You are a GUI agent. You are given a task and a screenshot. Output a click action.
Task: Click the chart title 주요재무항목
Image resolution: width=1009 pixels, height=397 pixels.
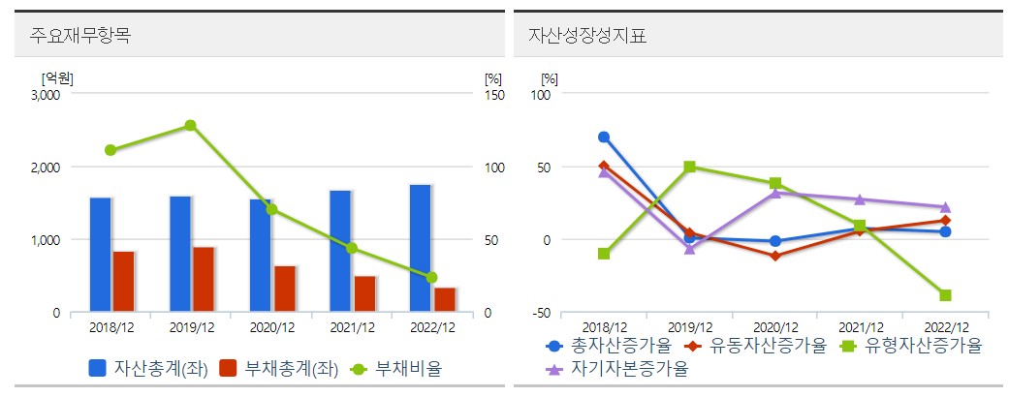(74, 37)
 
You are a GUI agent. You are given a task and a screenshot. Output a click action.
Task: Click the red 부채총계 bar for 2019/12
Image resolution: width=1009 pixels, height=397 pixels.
(204, 279)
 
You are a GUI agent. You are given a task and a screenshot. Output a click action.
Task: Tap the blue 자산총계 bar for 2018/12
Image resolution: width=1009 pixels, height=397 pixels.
(101, 255)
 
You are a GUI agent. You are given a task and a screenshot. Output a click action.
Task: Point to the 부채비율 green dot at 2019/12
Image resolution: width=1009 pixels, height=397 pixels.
(190, 126)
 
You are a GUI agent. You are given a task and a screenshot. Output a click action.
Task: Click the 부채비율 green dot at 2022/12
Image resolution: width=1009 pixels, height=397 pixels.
(431, 278)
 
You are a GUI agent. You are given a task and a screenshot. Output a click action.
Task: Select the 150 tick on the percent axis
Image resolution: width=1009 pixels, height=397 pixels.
(494, 95)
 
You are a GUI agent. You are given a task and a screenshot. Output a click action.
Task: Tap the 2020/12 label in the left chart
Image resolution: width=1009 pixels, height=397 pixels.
(271, 328)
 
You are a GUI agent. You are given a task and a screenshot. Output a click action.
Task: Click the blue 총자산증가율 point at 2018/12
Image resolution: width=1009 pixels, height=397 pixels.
(604, 137)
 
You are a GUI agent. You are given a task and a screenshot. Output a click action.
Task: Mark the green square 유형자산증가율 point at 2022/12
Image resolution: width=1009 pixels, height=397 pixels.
(945, 295)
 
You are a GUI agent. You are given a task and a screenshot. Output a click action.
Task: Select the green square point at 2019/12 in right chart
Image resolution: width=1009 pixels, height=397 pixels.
(689, 167)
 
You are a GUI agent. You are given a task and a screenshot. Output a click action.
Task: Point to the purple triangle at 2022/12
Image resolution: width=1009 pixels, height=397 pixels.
(945, 206)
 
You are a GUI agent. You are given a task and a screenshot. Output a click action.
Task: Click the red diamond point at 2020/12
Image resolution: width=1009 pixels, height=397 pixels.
(774, 256)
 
